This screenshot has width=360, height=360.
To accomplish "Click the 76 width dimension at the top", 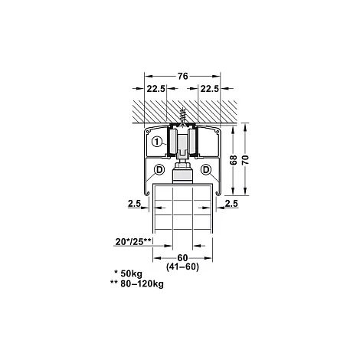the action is point(183,76).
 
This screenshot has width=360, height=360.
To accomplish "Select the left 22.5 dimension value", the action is point(156,89).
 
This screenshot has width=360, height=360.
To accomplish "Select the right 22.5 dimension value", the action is point(210,89).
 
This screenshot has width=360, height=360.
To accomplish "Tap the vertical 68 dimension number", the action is point(234,160).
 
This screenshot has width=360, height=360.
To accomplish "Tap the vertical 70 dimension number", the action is point(245,160).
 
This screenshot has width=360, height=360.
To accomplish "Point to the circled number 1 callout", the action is point(157,142).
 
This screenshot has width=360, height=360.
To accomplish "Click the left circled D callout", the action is point(159,170).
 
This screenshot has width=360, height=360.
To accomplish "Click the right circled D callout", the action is point(206,170).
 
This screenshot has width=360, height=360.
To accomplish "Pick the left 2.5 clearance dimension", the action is point(134,204).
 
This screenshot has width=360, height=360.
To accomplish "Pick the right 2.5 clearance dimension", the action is point(231,204).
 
